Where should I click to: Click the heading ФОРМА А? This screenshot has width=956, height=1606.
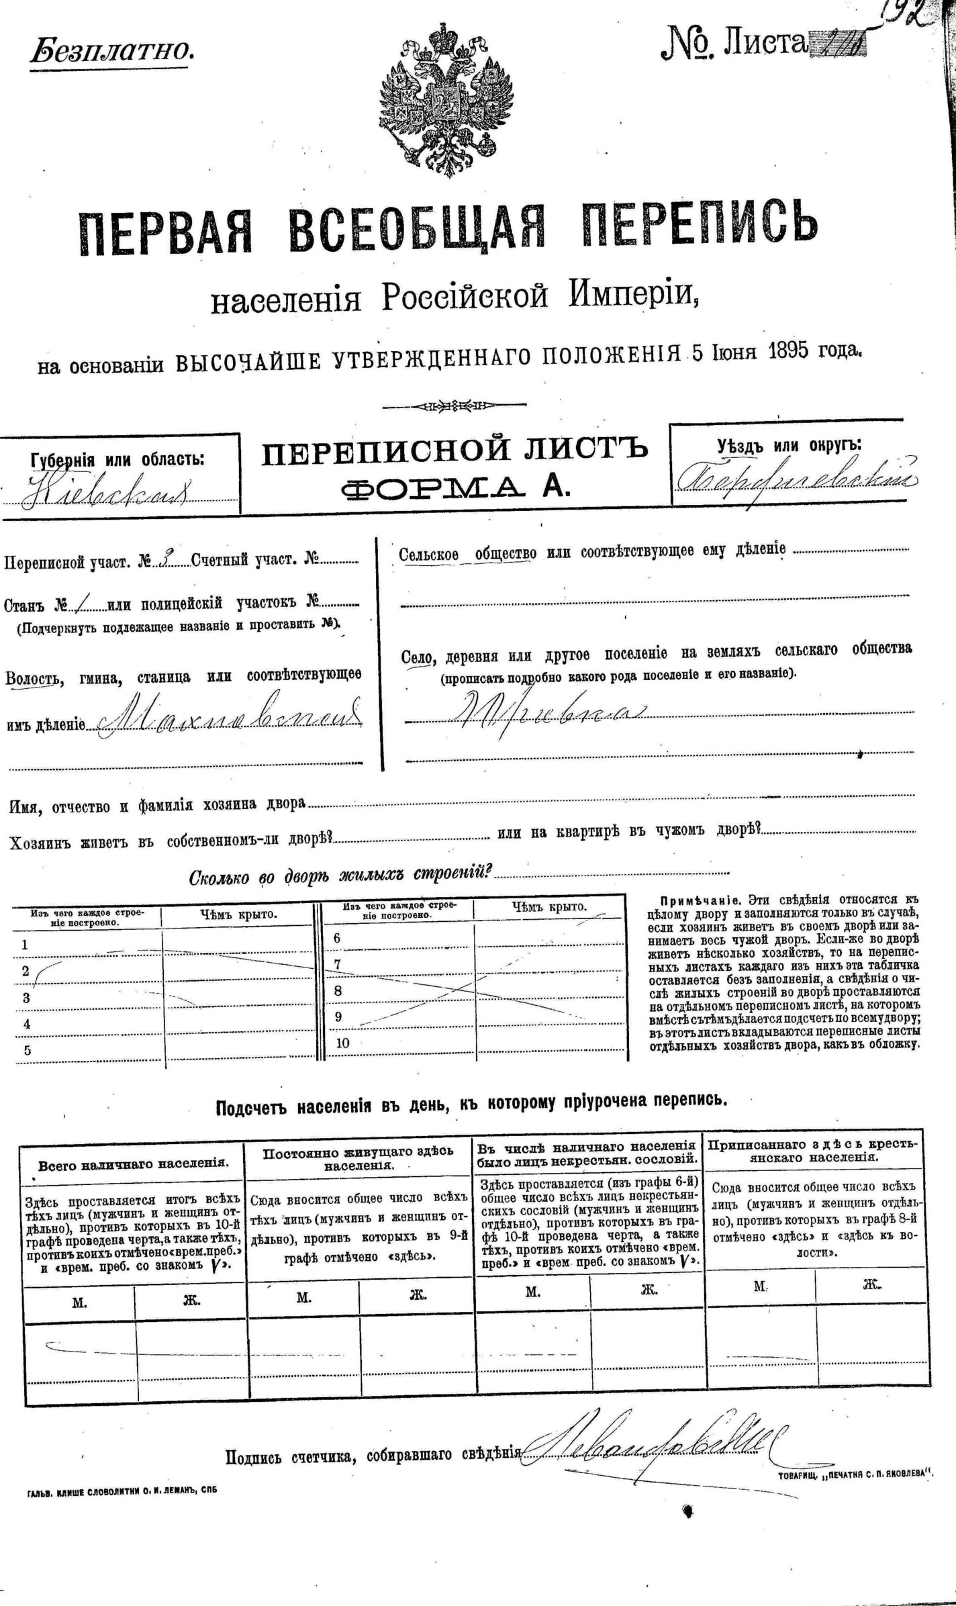(x=455, y=488)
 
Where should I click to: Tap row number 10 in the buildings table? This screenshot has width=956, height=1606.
(x=342, y=1043)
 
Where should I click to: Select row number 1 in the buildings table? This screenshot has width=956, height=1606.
(x=25, y=945)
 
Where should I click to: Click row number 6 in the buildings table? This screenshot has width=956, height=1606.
(x=337, y=938)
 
